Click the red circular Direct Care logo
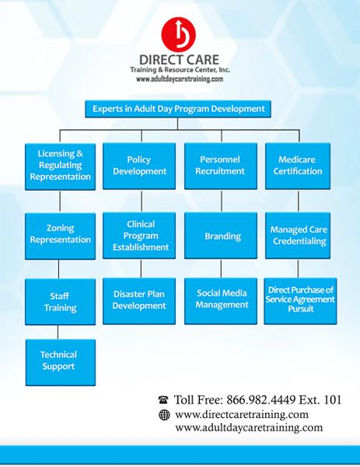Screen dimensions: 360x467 pos(179,34)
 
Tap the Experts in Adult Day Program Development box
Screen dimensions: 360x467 pos(178,109)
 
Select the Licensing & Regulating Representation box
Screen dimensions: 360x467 pos(60,167)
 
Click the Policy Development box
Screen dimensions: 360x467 pos(139,167)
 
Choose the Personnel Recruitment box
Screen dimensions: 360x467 pos(221,167)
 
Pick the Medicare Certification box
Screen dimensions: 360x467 pos(298,167)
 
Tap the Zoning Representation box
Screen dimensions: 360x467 pos(60,236)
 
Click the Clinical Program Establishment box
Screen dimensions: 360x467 pos(139,236)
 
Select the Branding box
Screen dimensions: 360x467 pos(221,236)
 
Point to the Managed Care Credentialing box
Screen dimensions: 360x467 pos(298,236)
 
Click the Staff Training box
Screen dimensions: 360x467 pos(60,302)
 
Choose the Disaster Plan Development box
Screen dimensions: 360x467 pos(139,301)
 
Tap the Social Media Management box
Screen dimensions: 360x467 pos(221,301)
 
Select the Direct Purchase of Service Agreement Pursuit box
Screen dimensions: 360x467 pos(300,301)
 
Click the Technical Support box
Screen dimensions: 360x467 pos(61,363)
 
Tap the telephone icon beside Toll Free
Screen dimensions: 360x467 pos(163,400)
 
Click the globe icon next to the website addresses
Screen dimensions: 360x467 pos(164,415)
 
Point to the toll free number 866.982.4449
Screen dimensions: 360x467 pos(261,400)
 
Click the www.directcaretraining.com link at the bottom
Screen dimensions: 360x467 pos(242,415)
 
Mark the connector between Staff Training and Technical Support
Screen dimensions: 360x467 pos(58,332)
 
